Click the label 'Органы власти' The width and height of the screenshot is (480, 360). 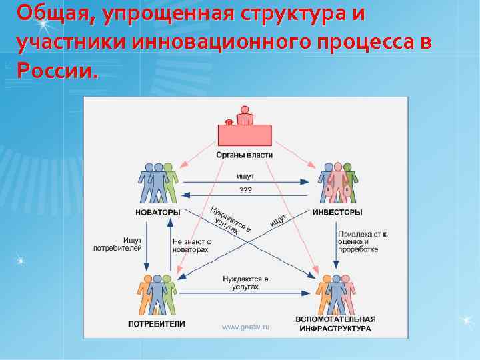tap(245, 155)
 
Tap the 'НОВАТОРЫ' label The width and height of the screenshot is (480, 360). tap(158, 213)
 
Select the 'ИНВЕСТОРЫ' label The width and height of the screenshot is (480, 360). tap(337, 213)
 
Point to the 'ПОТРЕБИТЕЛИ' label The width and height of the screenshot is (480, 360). tap(157, 323)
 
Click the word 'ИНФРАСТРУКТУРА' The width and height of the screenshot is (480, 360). tap(336, 329)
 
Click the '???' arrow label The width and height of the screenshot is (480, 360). tap(245, 189)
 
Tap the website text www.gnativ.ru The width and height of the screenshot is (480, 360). tap(245, 327)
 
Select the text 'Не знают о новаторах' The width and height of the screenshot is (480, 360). tap(192, 245)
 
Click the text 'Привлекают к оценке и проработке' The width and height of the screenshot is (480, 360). tap(362, 241)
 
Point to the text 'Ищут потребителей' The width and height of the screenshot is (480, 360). tap(123, 243)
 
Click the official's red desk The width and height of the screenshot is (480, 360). tap(245, 135)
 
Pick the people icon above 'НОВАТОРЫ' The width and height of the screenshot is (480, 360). tap(159, 182)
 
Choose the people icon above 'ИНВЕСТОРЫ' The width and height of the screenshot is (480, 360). tap(337, 182)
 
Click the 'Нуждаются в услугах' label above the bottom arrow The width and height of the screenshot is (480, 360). tap(245, 283)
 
